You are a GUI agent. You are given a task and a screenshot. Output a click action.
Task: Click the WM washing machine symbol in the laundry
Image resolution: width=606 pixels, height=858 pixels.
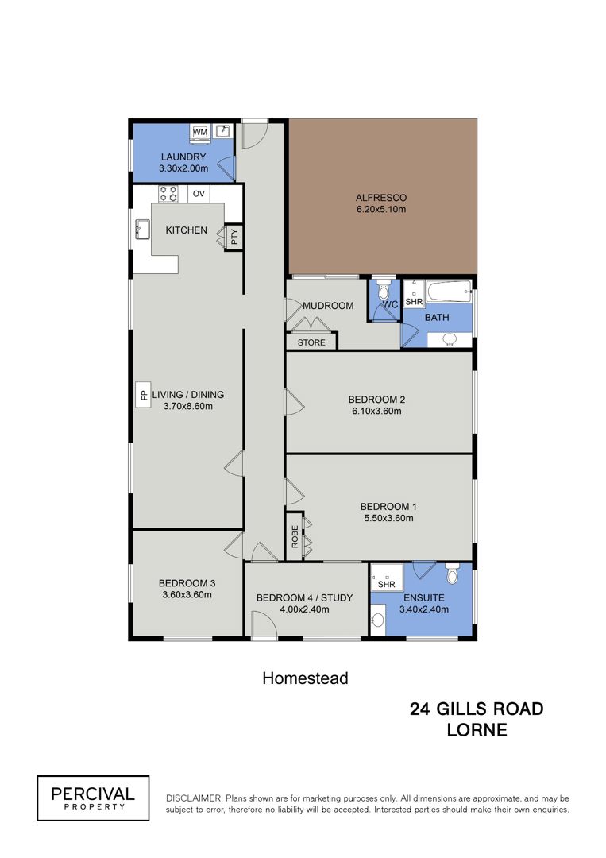pyautogui.click(x=200, y=132)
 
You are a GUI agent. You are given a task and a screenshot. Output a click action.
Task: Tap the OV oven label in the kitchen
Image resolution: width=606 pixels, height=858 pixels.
pyautogui.click(x=199, y=194)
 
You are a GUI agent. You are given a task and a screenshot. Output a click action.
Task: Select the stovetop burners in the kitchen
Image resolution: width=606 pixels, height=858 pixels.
pyautogui.click(x=168, y=194)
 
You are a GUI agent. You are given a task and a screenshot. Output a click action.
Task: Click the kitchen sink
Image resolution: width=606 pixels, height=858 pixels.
pyautogui.click(x=143, y=230)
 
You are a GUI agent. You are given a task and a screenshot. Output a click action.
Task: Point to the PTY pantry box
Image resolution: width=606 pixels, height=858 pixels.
pyautogui.click(x=234, y=238)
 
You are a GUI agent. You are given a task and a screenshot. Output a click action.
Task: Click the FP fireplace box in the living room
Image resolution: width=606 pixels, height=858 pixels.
pyautogui.click(x=144, y=395)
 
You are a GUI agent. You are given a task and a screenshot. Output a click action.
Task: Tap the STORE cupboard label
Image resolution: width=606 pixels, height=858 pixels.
pyautogui.click(x=311, y=342)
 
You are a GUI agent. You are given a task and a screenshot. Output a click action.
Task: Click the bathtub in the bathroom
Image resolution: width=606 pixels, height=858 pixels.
pyautogui.click(x=449, y=291)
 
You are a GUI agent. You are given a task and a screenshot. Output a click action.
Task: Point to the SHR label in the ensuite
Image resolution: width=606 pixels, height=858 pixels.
pyautogui.click(x=386, y=585)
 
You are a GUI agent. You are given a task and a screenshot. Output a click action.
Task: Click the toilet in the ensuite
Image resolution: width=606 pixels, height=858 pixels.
pyautogui.click(x=452, y=573)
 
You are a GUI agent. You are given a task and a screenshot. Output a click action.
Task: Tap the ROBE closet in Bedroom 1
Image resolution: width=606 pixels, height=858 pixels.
pyautogui.click(x=294, y=536)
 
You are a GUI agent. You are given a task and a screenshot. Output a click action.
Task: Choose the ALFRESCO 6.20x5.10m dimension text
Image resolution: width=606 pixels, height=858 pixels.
pyautogui.click(x=381, y=209)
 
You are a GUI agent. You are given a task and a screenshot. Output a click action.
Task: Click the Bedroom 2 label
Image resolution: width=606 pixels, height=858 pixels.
pyautogui.click(x=376, y=400)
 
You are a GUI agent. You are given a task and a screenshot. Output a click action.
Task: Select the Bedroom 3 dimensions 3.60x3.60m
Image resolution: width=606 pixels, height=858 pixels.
pyautogui.click(x=187, y=595)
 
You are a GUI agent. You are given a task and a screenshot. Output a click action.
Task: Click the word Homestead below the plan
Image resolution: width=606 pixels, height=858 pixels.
pyautogui.click(x=305, y=678)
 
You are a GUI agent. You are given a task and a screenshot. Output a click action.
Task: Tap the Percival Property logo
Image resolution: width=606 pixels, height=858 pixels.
pyautogui.click(x=93, y=798)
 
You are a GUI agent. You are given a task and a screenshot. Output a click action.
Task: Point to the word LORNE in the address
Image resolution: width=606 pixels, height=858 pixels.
pyautogui.click(x=477, y=730)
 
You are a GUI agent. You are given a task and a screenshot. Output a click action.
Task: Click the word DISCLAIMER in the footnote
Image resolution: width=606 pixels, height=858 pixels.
pyautogui.click(x=194, y=798)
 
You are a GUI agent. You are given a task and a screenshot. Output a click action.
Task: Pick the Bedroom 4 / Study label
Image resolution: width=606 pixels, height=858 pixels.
pyautogui.click(x=305, y=597)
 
